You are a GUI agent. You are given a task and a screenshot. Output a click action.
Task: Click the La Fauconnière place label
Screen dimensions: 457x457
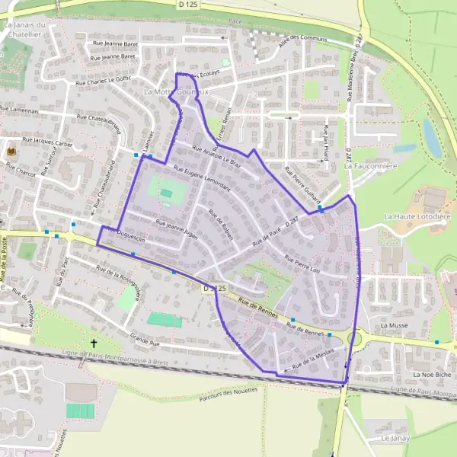(372, 165)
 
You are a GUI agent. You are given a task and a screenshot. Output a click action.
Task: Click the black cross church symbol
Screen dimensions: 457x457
(94, 344)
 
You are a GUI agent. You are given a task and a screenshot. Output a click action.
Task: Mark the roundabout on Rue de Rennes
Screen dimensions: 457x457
(355, 337)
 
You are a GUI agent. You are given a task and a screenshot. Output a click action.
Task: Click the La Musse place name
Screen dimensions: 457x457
(395, 325)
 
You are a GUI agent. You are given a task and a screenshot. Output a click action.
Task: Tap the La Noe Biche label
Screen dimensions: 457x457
(428, 376)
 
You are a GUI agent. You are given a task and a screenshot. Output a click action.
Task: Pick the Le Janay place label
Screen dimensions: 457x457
(395, 439)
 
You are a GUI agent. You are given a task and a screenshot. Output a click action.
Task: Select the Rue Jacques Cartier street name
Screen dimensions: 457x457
(46, 142)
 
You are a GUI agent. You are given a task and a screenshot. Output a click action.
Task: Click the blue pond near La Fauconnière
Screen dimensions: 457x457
(432, 137)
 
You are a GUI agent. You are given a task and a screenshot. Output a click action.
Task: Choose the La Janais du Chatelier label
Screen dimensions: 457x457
(26, 29)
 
